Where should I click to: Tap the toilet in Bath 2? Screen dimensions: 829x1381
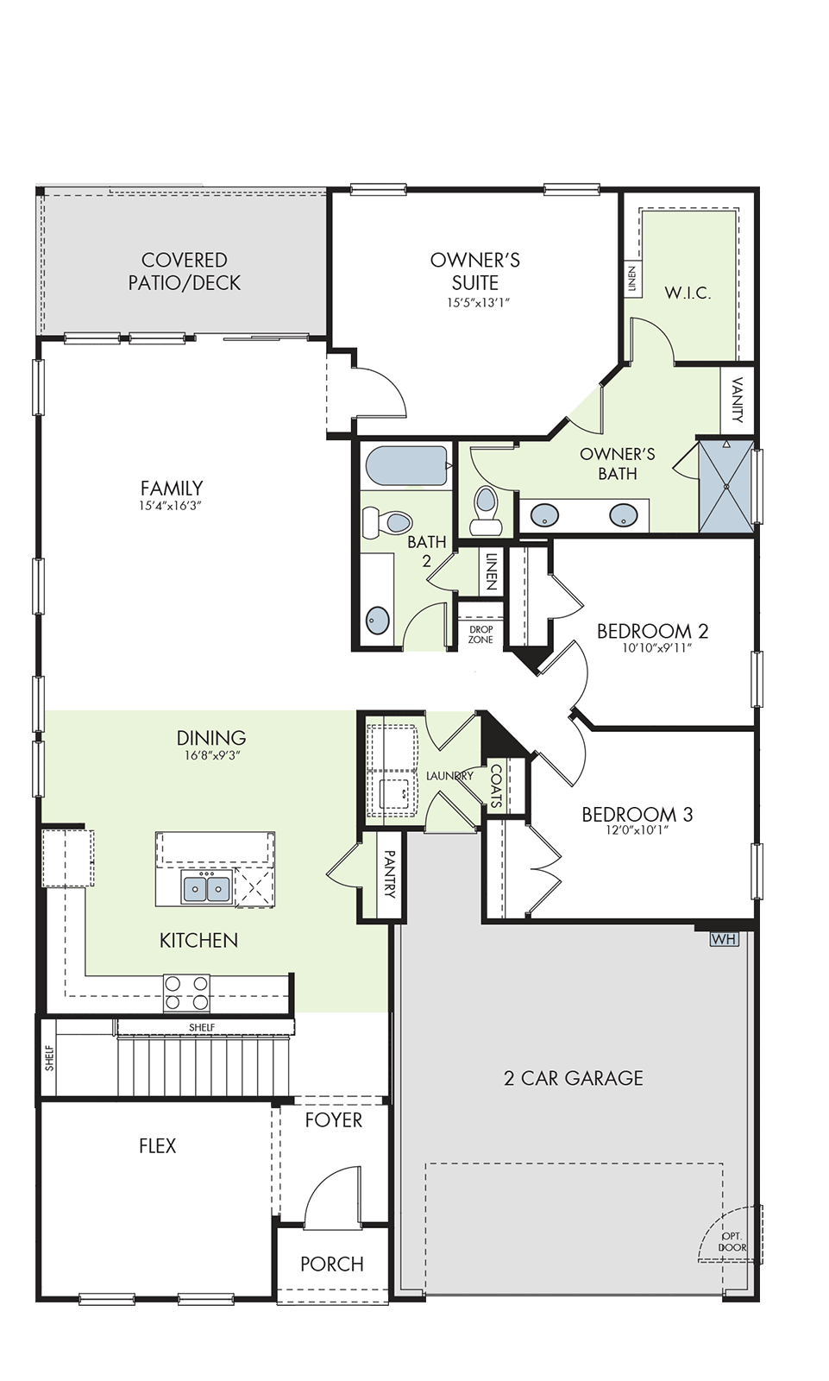click(386, 522)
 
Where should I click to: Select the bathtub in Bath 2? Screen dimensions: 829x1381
click(405, 466)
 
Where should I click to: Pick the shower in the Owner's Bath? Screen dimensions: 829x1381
click(726, 487)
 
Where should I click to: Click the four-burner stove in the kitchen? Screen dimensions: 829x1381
click(186, 993)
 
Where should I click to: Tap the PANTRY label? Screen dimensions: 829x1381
click(389, 874)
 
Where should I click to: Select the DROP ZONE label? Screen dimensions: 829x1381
click(480, 634)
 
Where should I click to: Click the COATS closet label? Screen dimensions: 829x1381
click(497, 786)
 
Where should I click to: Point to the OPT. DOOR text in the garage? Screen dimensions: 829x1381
click(732, 1242)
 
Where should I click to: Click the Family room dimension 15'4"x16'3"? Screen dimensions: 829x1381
click(171, 506)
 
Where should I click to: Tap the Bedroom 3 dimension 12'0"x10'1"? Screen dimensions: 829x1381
click(637, 829)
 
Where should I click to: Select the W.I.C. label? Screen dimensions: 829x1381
click(688, 293)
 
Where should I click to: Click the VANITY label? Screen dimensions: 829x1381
click(738, 400)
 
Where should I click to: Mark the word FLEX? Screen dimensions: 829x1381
click(158, 1146)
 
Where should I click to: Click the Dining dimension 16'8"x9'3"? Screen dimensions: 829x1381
click(211, 756)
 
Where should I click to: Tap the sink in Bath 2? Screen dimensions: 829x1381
click(378, 619)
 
